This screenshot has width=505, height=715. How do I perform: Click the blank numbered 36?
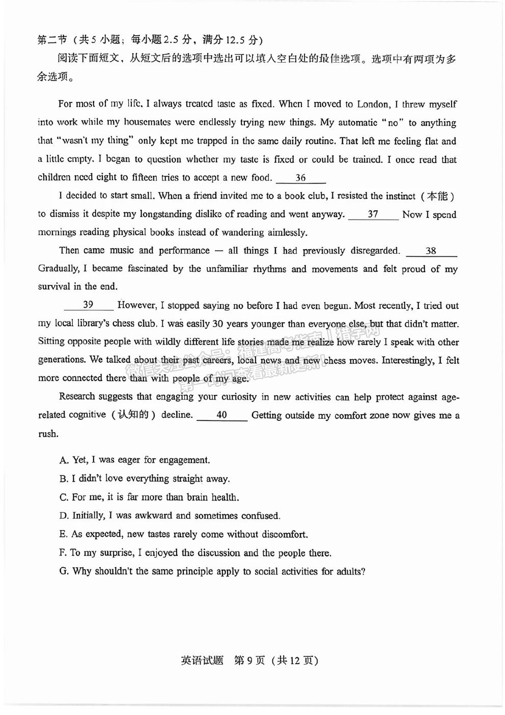pyautogui.click(x=300, y=178)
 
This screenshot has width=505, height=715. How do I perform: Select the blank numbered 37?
pyautogui.click(x=373, y=214)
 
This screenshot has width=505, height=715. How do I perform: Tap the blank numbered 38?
pyautogui.click(x=431, y=251)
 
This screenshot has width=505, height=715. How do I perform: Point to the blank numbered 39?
pyautogui.click(x=88, y=305)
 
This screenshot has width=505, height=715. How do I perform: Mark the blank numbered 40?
pyautogui.click(x=221, y=415)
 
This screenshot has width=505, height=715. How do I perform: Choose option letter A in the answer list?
pyautogui.click(x=63, y=460)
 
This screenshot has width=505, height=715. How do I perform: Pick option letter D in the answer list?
pyautogui.click(x=63, y=516)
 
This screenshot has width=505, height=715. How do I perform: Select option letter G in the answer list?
pyautogui.click(x=64, y=571)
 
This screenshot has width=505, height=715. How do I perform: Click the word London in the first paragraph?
pyautogui.click(x=373, y=104)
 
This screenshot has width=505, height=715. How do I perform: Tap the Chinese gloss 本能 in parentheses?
pyautogui.click(x=437, y=196)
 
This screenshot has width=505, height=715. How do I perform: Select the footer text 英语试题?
pyautogui.click(x=202, y=660)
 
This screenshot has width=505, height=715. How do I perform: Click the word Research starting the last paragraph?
pyautogui.click(x=77, y=396)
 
